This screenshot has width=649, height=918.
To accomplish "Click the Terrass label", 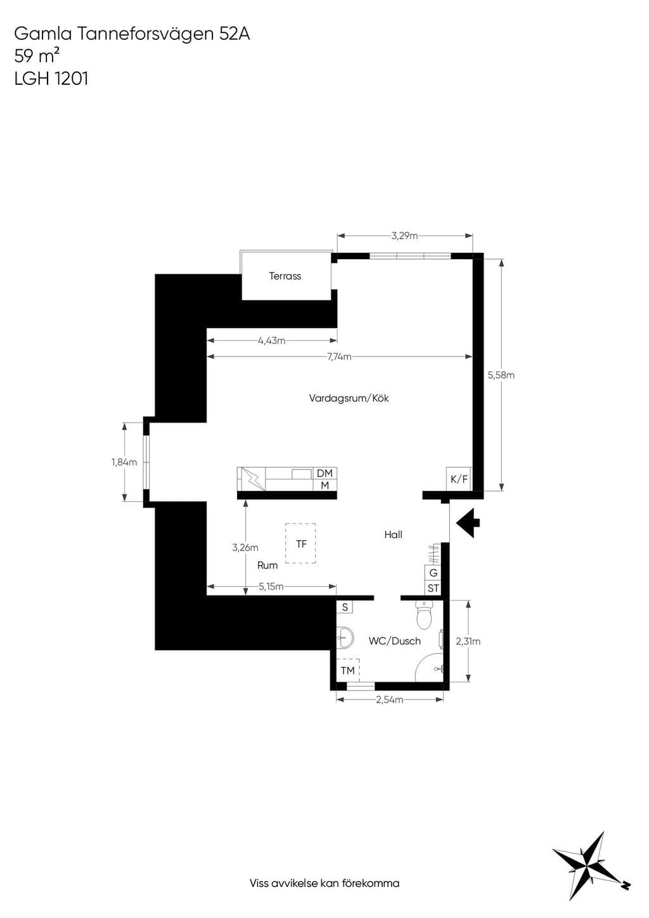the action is [285, 276].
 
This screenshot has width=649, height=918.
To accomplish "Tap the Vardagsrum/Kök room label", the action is [349, 398].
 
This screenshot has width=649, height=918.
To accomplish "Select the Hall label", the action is [393, 535].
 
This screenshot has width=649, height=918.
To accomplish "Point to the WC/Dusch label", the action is [394, 641].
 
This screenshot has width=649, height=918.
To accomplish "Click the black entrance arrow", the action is [468, 523].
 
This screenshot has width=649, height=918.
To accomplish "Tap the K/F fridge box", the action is [459, 479].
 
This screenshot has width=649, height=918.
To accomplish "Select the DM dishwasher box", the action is [324, 473].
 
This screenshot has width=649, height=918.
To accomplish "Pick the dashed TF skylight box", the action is [300, 544].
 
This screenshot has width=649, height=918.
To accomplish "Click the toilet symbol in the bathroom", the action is [423, 615].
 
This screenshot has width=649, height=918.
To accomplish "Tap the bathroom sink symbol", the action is [345, 637].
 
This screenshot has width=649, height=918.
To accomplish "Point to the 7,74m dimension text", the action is [339, 357].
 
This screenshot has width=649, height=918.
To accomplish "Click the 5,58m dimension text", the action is [501, 375].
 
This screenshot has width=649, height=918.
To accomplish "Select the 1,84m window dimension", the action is [124, 462].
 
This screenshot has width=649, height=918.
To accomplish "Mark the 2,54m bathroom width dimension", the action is [390, 699].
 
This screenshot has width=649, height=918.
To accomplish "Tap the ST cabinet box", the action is [434, 588].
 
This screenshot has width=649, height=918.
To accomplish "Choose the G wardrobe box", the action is [434, 573].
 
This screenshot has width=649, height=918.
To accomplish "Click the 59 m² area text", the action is [37, 56].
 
